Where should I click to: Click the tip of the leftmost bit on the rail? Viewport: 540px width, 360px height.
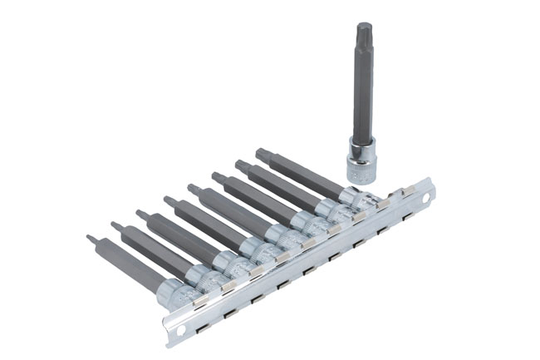(x=90, y=239)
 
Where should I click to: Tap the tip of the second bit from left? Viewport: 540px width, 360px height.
(x=115, y=224)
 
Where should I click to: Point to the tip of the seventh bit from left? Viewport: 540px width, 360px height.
(x=238, y=164)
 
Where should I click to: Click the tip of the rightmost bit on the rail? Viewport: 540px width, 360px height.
(x=260, y=152)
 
